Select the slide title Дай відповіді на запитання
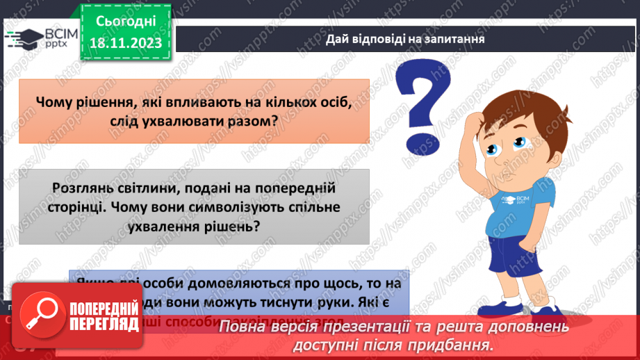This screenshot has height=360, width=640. [405, 40]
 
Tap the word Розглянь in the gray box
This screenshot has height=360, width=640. [81, 188]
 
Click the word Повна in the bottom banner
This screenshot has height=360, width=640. [248, 327]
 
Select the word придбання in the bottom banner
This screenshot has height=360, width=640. [459, 344]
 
